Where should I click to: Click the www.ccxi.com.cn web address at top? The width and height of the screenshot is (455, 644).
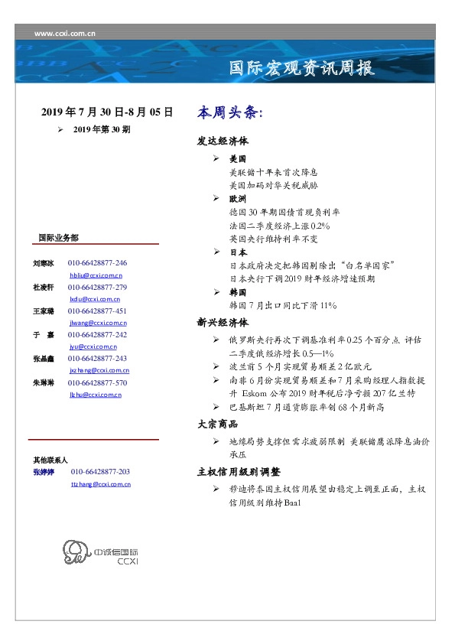point(65,33)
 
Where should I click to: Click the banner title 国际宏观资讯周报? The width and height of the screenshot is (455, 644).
point(302,68)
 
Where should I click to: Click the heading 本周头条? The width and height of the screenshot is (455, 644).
point(229,113)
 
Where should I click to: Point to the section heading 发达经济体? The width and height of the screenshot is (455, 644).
point(223,141)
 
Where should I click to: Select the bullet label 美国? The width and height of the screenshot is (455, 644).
point(238,159)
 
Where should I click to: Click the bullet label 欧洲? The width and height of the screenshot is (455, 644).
point(238,198)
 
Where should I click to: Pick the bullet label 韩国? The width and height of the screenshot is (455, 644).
point(238,292)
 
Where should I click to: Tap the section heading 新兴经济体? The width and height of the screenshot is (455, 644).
point(223,322)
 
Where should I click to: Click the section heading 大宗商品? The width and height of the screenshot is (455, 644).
point(217,424)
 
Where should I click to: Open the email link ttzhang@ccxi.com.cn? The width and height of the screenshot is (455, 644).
point(100,484)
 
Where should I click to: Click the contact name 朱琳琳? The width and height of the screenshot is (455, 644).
point(42,382)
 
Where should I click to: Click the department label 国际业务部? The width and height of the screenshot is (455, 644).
point(58,238)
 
